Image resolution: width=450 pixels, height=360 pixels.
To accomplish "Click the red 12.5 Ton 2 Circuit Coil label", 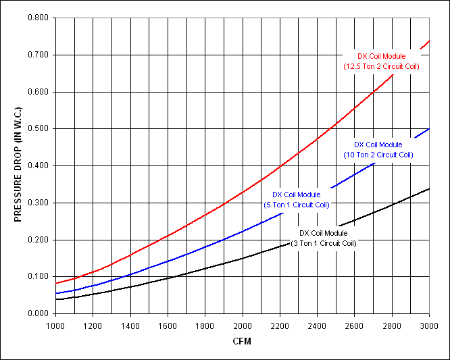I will (x=382, y=61).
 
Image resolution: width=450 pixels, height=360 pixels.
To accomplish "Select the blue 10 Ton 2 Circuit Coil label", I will (x=378, y=149).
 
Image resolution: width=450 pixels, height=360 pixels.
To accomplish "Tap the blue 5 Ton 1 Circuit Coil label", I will (x=297, y=199).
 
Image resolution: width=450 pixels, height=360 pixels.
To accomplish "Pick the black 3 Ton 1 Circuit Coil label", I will (x=323, y=238).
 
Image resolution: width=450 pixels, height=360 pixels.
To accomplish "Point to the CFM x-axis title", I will (x=242, y=341).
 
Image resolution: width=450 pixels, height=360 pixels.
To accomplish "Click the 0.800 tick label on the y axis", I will (x=38, y=18).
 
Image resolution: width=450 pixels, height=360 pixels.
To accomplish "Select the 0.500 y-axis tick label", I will (x=38, y=128).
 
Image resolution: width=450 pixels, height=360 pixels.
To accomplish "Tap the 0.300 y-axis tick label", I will (x=38, y=203).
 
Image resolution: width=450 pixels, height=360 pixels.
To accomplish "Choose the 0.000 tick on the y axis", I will (x=38, y=313).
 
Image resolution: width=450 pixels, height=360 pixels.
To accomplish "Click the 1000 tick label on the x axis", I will (x=55, y=325).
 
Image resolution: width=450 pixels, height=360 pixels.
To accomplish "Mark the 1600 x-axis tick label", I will (x=168, y=325).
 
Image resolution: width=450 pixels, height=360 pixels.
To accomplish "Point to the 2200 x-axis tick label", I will (x=280, y=325).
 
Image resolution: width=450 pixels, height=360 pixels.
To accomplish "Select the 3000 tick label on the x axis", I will (x=429, y=325).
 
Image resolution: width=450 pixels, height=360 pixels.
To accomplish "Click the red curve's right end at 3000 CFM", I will (x=429, y=41).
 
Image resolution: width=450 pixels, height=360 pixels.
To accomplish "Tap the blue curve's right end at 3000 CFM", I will (x=429, y=128).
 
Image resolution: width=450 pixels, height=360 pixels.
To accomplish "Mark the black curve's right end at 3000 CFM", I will (x=429, y=188).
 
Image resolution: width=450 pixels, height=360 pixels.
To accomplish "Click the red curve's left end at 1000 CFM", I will (x=56, y=283).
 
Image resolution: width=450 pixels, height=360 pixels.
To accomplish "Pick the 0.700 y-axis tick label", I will (x=38, y=55).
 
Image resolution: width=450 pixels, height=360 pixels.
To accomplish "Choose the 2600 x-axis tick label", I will (x=355, y=325).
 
